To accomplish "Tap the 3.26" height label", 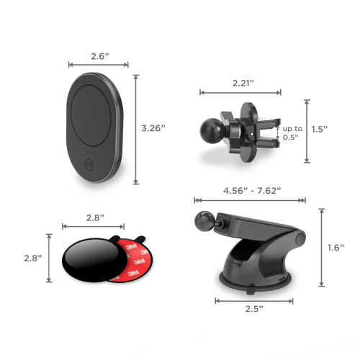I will pyautogui.click(x=153, y=127).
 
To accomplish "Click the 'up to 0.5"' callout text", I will pyautogui.click(x=292, y=132).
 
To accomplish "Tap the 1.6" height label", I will pyautogui.click(x=336, y=247).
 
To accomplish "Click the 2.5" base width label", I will pyautogui.click(x=251, y=308).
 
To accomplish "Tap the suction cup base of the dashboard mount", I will pyautogui.click(x=251, y=277).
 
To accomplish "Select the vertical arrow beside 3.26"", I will pyautogui.click(x=135, y=127).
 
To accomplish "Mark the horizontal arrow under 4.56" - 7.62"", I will pyautogui.click(x=249, y=201).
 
